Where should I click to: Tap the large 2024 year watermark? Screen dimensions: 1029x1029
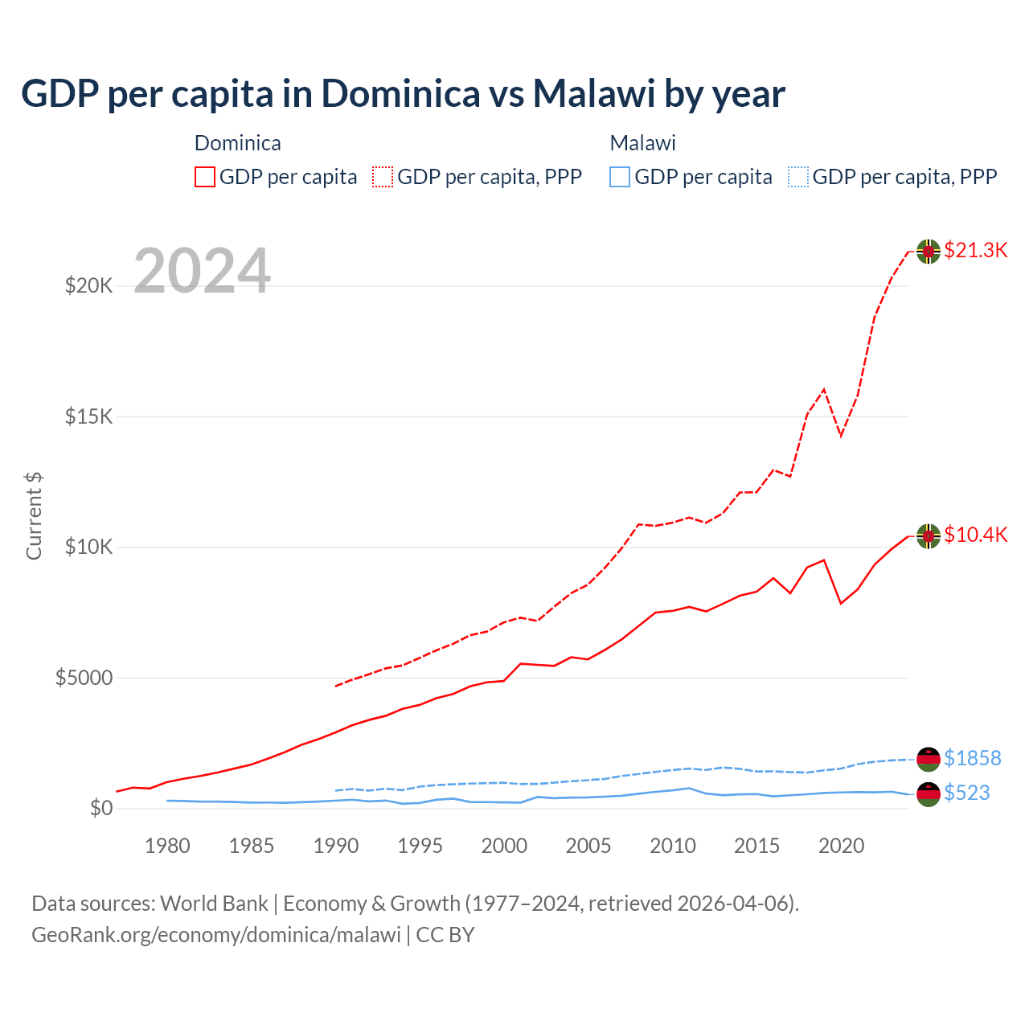pyautogui.click(x=202, y=271)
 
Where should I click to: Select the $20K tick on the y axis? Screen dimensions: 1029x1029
pyautogui.click(x=88, y=285)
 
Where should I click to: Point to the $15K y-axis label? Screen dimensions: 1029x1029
pyautogui.click(x=88, y=416)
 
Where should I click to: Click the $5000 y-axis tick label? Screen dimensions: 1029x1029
pyautogui.click(x=84, y=678)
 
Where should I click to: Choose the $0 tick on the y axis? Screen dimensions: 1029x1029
pyautogui.click(x=100, y=808)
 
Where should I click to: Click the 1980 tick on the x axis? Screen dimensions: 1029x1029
pyautogui.click(x=167, y=846)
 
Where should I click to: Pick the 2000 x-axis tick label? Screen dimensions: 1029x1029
pyautogui.click(x=504, y=846)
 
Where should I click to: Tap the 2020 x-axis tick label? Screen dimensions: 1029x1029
pyautogui.click(x=841, y=846)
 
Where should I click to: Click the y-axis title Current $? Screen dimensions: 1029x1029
pyautogui.click(x=34, y=515)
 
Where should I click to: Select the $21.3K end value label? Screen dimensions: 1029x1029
pyautogui.click(x=975, y=250)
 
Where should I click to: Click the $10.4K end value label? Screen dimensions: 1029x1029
pyautogui.click(x=975, y=535)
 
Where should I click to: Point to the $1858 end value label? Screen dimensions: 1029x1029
pyautogui.click(x=972, y=758)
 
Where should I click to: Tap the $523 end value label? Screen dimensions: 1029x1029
pyautogui.click(x=966, y=793)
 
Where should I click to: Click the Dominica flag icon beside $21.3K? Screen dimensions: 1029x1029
pyautogui.click(x=929, y=251)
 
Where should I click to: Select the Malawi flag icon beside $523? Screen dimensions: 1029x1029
pyautogui.click(x=929, y=794)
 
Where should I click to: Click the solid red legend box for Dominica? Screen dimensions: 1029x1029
pyautogui.click(x=205, y=177)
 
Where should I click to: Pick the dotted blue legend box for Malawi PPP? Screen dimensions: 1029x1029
pyautogui.click(x=798, y=177)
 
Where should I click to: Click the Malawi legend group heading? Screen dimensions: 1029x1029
pyautogui.click(x=642, y=143)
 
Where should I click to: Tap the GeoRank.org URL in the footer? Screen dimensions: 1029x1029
pyautogui.click(x=215, y=935)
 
